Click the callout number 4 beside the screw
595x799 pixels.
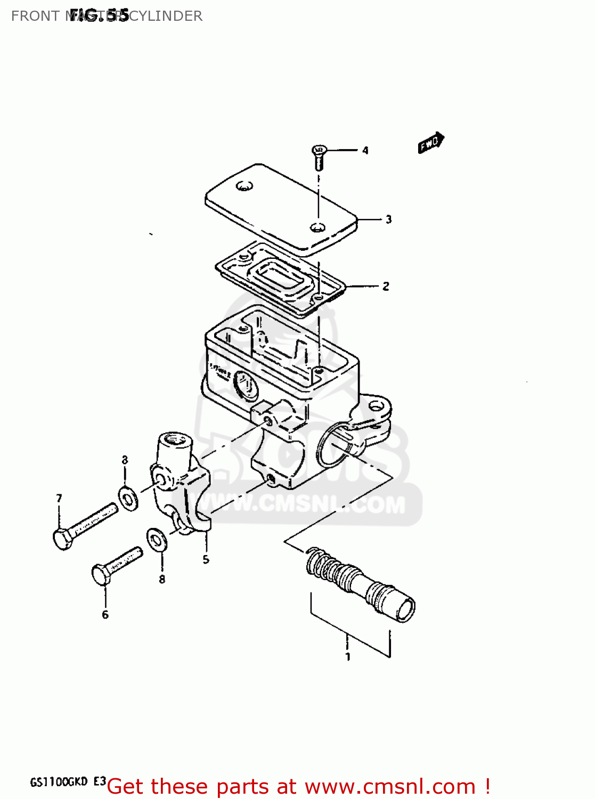click(x=365, y=151)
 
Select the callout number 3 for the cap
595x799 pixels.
click(x=388, y=219)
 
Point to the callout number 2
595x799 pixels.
click(x=386, y=287)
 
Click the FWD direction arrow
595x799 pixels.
click(x=430, y=143)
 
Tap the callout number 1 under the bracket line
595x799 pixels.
click(x=348, y=657)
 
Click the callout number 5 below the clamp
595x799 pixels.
click(x=206, y=560)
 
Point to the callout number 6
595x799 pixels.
click(x=105, y=615)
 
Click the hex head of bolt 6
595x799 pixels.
click(x=100, y=575)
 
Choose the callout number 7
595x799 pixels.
click(x=59, y=498)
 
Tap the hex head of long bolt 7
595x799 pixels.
click(x=63, y=539)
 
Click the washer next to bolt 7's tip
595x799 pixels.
click(x=128, y=497)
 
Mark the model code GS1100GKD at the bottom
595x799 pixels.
click(x=59, y=782)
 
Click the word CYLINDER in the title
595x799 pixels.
click(x=166, y=16)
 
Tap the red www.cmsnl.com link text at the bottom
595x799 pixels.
click(x=390, y=786)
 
